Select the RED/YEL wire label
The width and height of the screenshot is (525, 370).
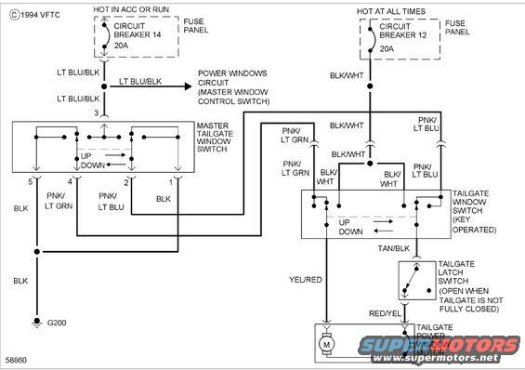[383, 314]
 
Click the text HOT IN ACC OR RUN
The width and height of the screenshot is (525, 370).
[131, 8]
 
